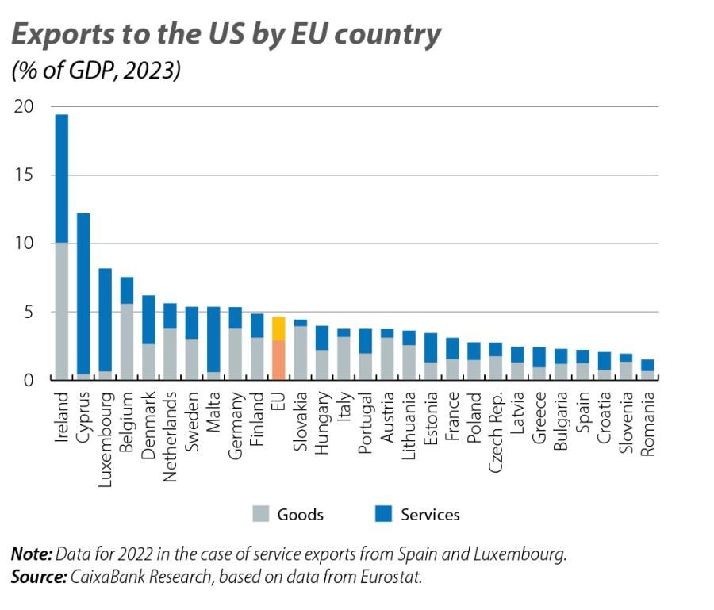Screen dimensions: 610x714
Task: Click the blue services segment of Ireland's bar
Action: [61, 178]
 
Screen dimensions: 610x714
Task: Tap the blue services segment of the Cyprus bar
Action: [83, 293]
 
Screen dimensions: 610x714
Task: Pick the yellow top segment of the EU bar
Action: [278, 328]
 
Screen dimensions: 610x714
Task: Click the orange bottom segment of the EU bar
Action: [278, 360]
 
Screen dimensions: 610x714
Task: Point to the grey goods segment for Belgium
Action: [126, 342]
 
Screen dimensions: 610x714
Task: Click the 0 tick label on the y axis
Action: [29, 380]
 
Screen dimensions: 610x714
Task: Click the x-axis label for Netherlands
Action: [169, 433]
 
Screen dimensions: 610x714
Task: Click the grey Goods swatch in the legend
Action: [261, 514]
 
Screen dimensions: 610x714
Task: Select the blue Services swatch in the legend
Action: [384, 514]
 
